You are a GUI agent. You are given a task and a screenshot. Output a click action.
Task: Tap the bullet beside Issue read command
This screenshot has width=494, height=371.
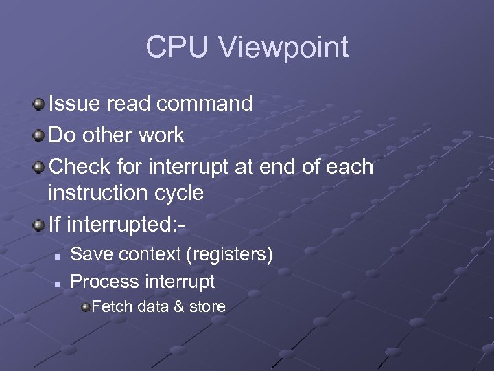point(40,104)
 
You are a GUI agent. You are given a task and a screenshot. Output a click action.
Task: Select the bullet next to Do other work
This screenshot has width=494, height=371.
point(40,135)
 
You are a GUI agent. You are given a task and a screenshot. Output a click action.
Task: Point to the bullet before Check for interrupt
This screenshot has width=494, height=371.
point(40,167)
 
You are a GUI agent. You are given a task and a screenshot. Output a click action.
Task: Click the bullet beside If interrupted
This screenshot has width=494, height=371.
point(40,224)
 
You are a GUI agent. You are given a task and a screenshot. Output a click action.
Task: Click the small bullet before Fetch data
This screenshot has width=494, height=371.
point(85,306)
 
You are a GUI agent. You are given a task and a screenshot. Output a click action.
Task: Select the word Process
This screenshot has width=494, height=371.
point(105,281)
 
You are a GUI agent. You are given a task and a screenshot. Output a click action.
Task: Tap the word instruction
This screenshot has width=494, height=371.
point(93,193)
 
